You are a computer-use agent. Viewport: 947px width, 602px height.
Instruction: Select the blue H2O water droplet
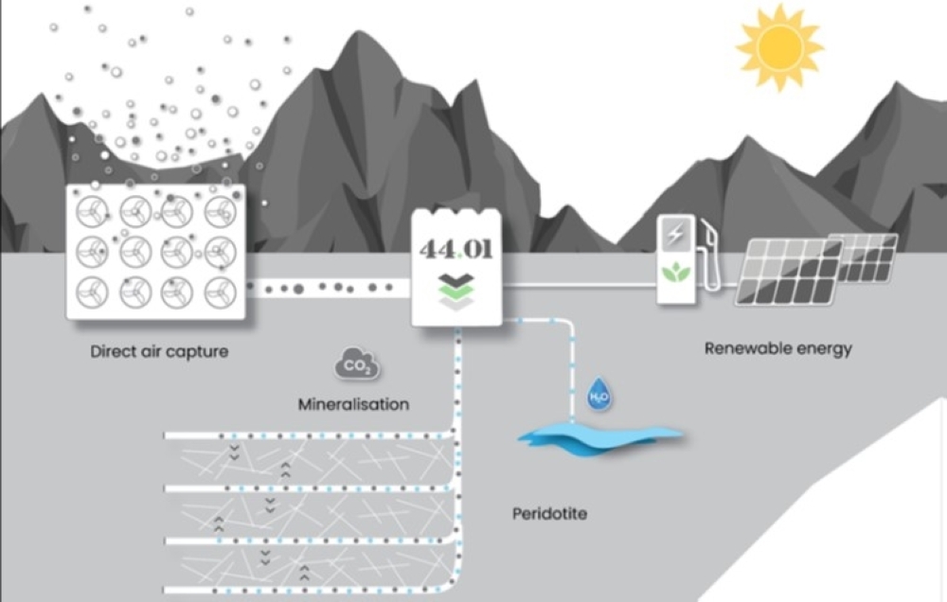click(599, 396)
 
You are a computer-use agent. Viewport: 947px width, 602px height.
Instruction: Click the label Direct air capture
click(159, 351)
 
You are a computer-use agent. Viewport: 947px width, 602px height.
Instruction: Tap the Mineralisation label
click(353, 404)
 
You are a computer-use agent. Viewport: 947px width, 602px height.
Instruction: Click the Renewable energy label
click(777, 348)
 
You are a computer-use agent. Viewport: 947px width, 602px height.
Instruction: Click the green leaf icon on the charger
click(675, 272)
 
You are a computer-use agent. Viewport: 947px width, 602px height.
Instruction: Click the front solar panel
click(788, 272)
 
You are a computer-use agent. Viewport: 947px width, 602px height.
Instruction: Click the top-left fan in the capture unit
click(94, 212)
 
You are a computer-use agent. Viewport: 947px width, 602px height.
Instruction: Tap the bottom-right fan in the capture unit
click(220, 292)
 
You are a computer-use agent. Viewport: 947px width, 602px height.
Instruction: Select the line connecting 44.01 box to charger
click(578, 282)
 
